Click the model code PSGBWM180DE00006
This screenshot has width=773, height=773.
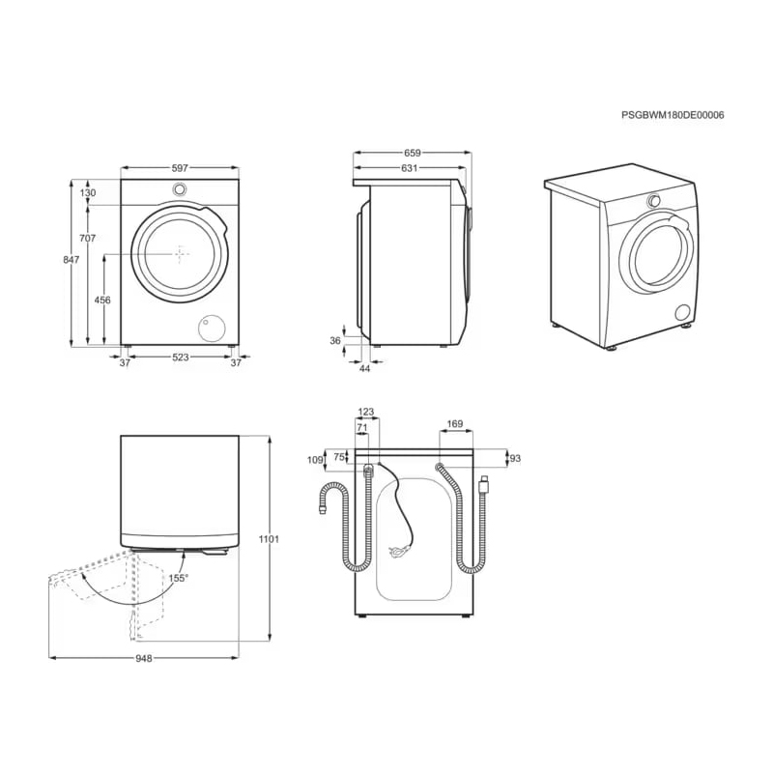coord(673,115)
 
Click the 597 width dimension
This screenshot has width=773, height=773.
coord(180,168)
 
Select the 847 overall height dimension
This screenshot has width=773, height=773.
coord(71,259)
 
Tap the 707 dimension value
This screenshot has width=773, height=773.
coord(87,238)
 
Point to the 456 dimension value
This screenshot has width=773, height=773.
coord(102,300)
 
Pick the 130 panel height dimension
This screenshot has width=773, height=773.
coord(88,192)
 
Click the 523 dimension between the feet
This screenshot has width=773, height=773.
coord(181,357)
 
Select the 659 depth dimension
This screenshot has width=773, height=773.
coord(413,153)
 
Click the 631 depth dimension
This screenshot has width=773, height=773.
coord(409,168)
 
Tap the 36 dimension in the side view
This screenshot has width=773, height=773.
coord(335,341)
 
